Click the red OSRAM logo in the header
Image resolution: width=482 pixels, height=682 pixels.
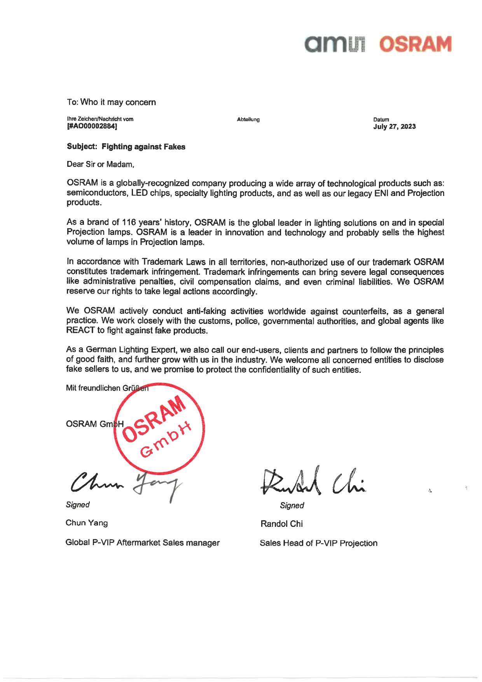click(x=415, y=44)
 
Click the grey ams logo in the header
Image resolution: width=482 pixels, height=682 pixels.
click(x=335, y=44)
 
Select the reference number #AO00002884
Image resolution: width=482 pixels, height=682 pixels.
click(x=92, y=126)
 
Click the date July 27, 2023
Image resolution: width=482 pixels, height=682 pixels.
click(x=394, y=126)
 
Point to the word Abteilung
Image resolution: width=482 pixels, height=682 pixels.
click(x=248, y=119)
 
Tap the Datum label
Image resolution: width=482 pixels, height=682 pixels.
click(x=381, y=119)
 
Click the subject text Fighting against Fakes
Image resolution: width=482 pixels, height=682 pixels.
click(x=143, y=147)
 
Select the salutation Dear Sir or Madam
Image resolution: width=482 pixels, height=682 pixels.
click(x=100, y=164)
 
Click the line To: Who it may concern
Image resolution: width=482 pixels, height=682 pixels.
click(x=112, y=102)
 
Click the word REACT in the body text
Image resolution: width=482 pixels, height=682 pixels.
click(x=80, y=331)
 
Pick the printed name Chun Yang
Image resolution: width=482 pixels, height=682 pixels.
click(x=87, y=523)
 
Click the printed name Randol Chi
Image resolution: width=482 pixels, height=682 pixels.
click(x=281, y=524)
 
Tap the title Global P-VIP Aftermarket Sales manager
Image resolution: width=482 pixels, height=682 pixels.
click(x=143, y=542)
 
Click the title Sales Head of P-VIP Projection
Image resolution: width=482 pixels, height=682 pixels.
click(x=318, y=543)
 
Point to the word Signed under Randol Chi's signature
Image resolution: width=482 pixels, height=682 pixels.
click(x=292, y=505)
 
